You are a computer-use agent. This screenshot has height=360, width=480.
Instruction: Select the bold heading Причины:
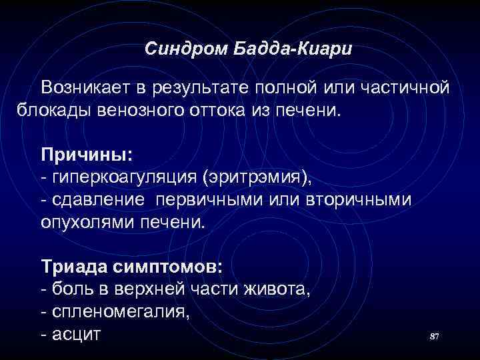point(87,155)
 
